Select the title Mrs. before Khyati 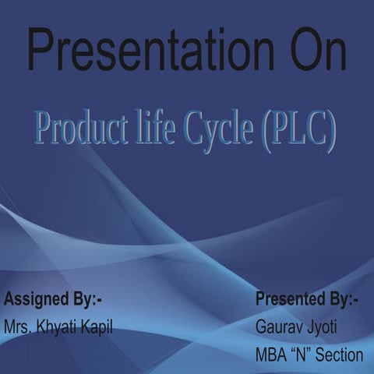tap(17, 326)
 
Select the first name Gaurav tap(276, 327)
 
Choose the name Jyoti tap(319, 327)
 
